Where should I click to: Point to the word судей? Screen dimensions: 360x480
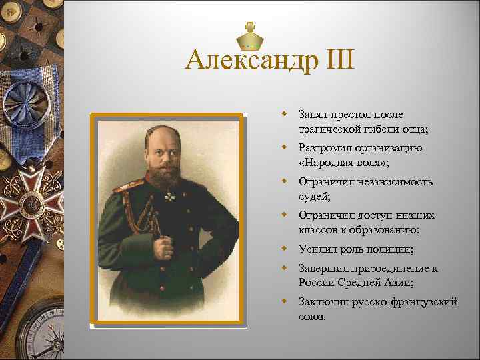[x=315, y=196]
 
